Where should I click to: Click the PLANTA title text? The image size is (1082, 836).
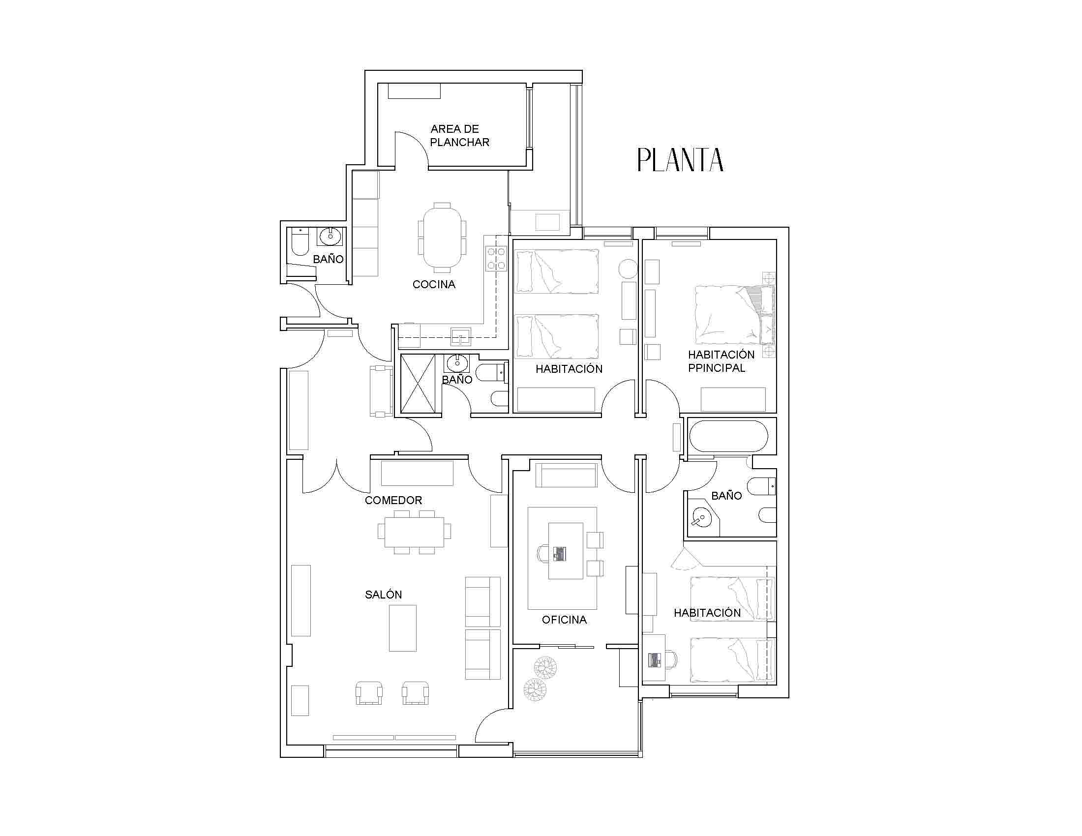click(680, 159)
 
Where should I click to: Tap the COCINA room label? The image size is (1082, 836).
click(434, 284)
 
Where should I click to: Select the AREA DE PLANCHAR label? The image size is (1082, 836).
click(460, 136)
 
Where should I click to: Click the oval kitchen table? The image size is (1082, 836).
click(442, 237)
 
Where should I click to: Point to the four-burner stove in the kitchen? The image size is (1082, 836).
click(496, 259)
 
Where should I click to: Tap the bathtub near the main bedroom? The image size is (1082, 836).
click(729, 436)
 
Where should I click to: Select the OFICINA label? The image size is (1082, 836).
click(564, 620)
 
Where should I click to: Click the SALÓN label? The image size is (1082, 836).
click(384, 595)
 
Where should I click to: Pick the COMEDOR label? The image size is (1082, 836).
click(393, 500)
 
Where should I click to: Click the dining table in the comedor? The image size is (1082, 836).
click(414, 532)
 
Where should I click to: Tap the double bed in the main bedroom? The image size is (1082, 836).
click(735, 315)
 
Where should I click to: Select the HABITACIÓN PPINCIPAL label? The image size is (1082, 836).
click(721, 361)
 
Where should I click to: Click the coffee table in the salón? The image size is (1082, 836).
click(403, 628)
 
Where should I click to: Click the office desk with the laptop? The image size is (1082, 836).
click(565, 551)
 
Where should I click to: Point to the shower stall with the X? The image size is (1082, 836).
click(418, 384)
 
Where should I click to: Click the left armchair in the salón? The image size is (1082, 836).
click(369, 692)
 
